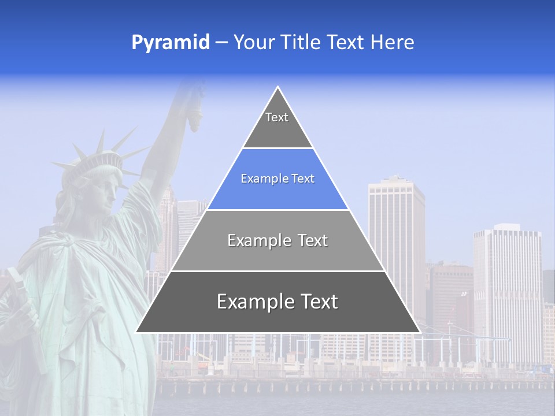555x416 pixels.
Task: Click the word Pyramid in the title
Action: point(171,43)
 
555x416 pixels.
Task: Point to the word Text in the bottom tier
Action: point(314,302)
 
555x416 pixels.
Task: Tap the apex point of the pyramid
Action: point(278,87)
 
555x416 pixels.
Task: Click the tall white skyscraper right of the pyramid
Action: point(397,231)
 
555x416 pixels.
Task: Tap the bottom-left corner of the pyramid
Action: point(136,332)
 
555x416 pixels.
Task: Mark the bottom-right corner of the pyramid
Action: point(420,332)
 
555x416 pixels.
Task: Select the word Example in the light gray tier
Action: point(257,240)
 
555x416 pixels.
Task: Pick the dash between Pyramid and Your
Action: point(221,43)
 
